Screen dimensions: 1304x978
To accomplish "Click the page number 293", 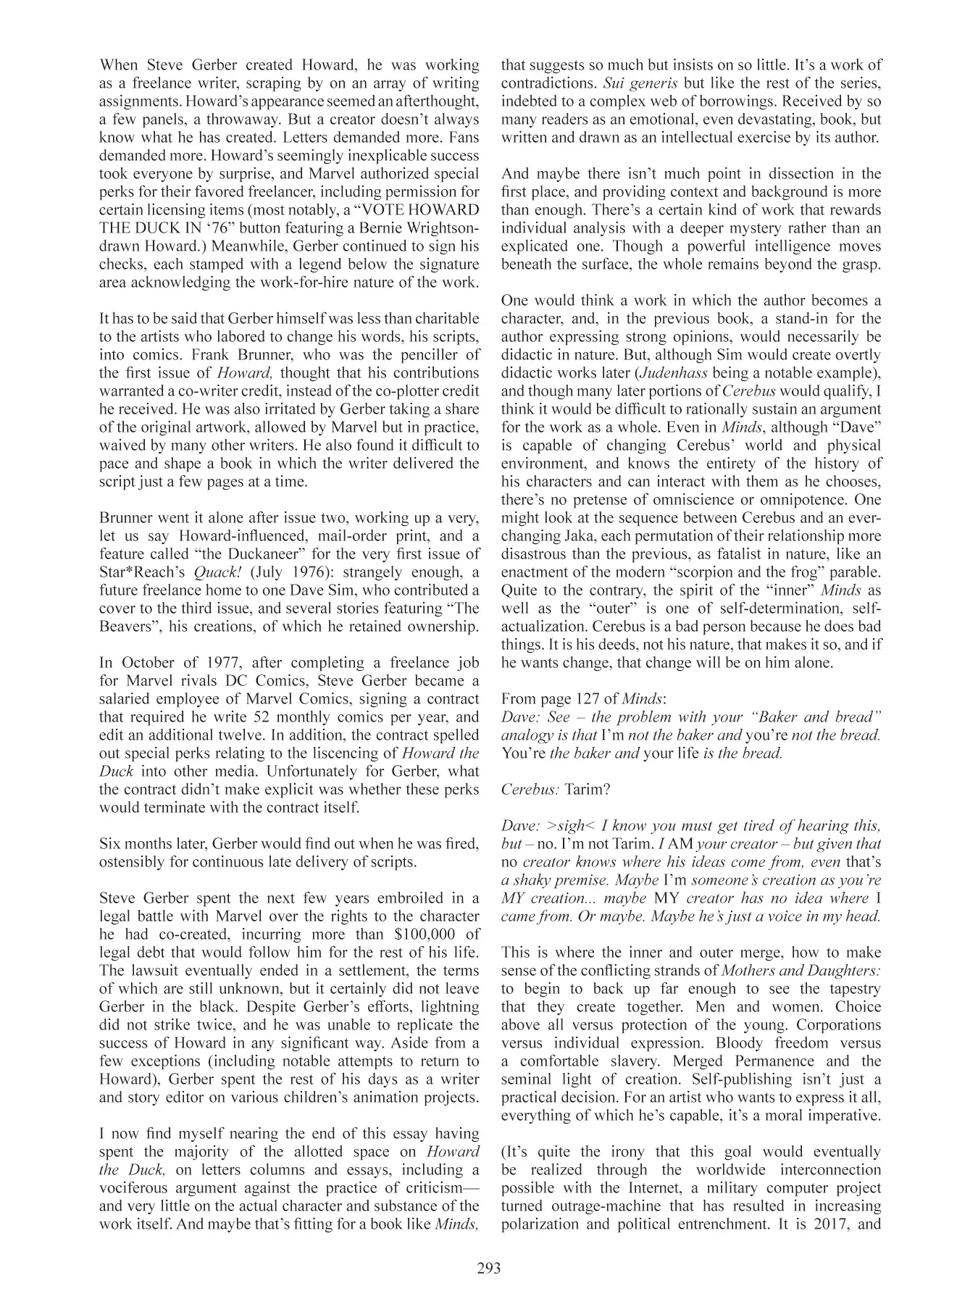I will click(x=489, y=1268).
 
